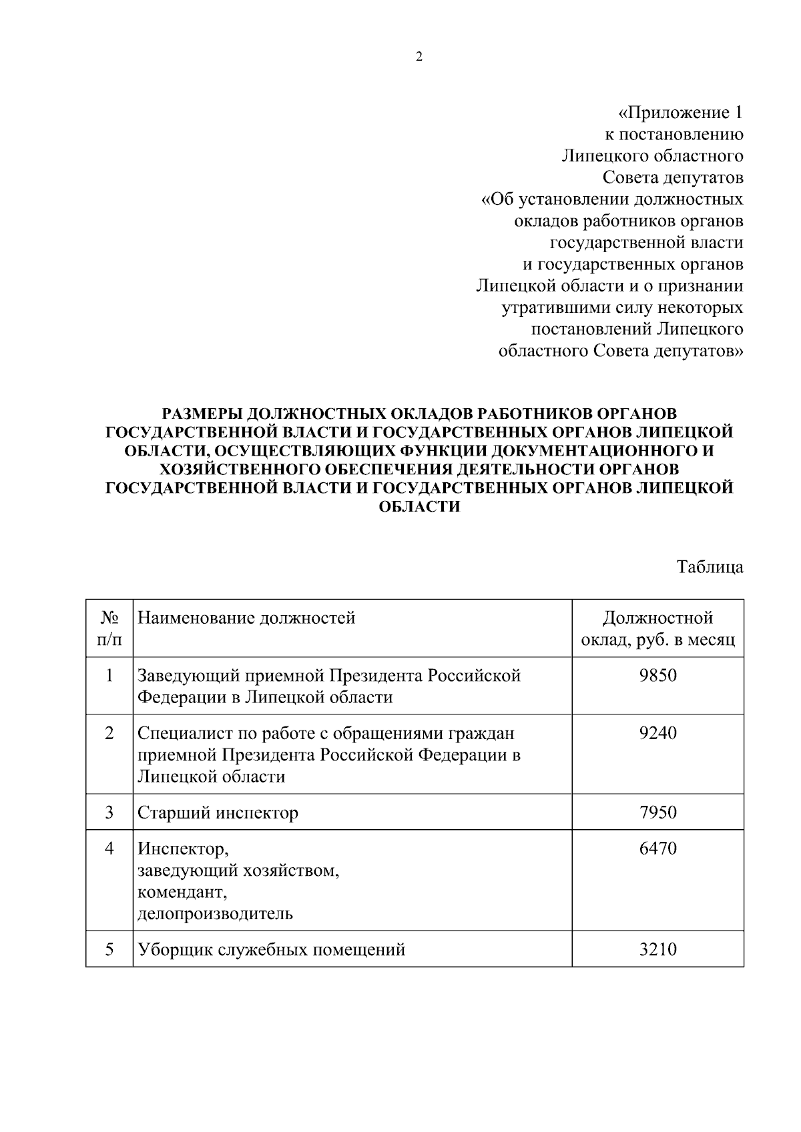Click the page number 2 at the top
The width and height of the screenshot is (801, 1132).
[x=419, y=57]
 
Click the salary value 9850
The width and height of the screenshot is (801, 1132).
[x=657, y=675]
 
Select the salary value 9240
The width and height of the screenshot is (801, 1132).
[x=657, y=732]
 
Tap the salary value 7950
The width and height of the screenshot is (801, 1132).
[x=657, y=812]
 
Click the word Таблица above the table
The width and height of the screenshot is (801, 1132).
[x=710, y=567]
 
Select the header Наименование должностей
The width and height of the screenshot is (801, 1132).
[x=246, y=618]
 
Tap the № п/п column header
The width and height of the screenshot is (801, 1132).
[x=109, y=628]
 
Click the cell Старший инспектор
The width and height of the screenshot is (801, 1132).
[x=218, y=812]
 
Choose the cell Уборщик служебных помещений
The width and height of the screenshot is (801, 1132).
[x=271, y=949]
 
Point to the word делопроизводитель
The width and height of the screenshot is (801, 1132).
[x=215, y=913]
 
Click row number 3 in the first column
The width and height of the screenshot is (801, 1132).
[x=109, y=812]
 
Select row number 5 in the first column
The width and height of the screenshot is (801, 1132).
[x=109, y=949]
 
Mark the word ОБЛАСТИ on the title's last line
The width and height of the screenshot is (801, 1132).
[x=419, y=506]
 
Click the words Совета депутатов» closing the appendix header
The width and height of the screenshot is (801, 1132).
[x=668, y=351]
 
